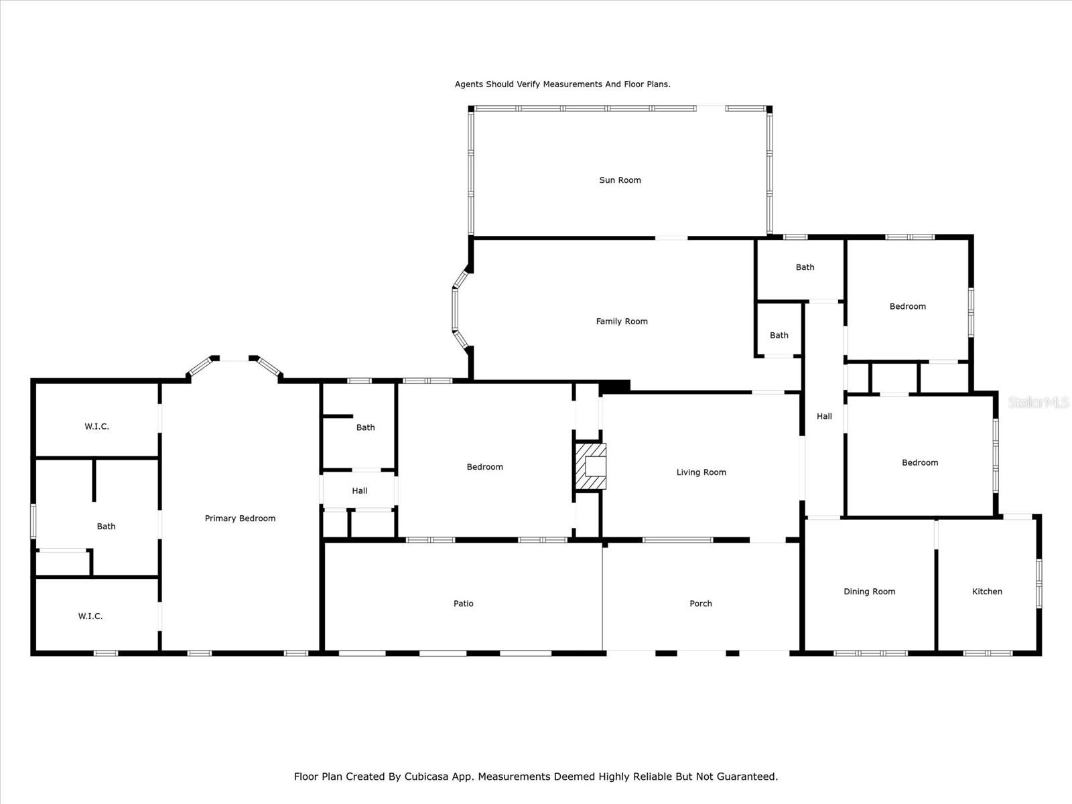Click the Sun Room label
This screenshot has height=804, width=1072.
pos(620,180)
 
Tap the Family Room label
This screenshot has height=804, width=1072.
pos(622,321)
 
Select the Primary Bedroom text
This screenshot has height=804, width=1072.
pos(240,519)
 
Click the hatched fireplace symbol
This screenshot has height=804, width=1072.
pos(590,466)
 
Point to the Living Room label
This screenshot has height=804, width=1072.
pos(701,472)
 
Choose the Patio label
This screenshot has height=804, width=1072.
pos(463,604)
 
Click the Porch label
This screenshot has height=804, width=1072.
pos(700,604)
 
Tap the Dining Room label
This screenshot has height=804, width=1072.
pos(869,591)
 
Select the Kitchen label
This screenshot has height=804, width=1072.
pos(986,591)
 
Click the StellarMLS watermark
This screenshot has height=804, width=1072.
pos(1038,402)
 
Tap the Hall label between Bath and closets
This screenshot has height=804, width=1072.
pos(359,490)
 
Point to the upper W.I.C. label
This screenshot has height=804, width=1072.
pos(96,427)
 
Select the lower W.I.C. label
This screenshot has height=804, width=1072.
pos(90,616)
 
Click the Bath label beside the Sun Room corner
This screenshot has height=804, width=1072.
pos(805,267)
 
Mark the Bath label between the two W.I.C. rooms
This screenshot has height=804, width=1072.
pos(106,526)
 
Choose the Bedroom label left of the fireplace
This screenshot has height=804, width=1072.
pos(484,467)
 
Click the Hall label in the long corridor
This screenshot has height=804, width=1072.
pos(824,416)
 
